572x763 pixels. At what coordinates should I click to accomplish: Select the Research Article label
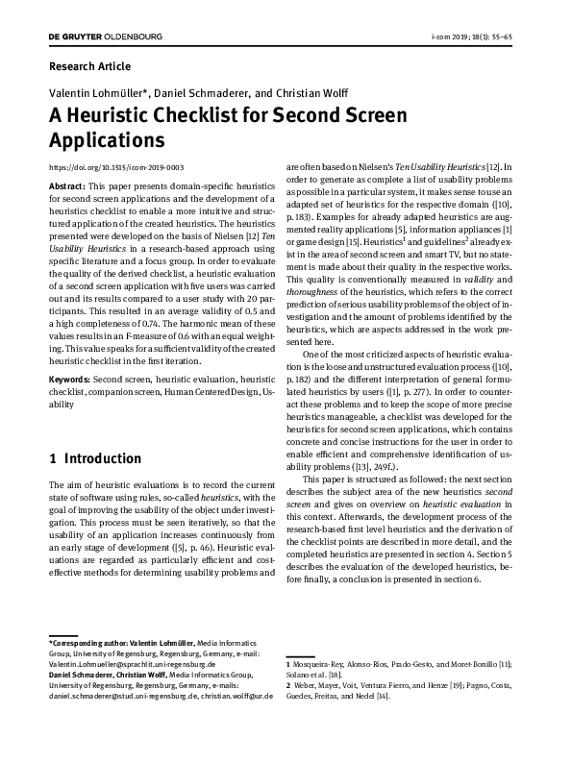tap(88, 66)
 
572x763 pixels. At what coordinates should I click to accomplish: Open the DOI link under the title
tap(115, 165)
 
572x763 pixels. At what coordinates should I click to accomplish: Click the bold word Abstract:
tap(66, 184)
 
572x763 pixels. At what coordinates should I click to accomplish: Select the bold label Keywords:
tap(69, 381)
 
